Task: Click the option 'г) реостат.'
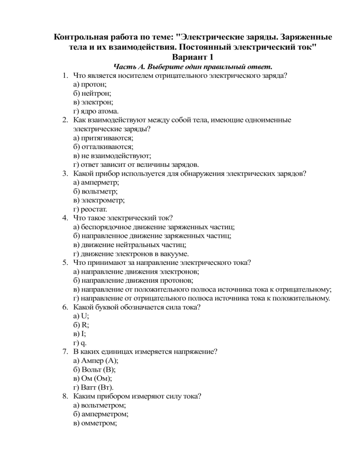coord(90,209)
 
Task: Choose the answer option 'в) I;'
coord(80,334)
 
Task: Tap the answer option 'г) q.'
coord(80,343)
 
